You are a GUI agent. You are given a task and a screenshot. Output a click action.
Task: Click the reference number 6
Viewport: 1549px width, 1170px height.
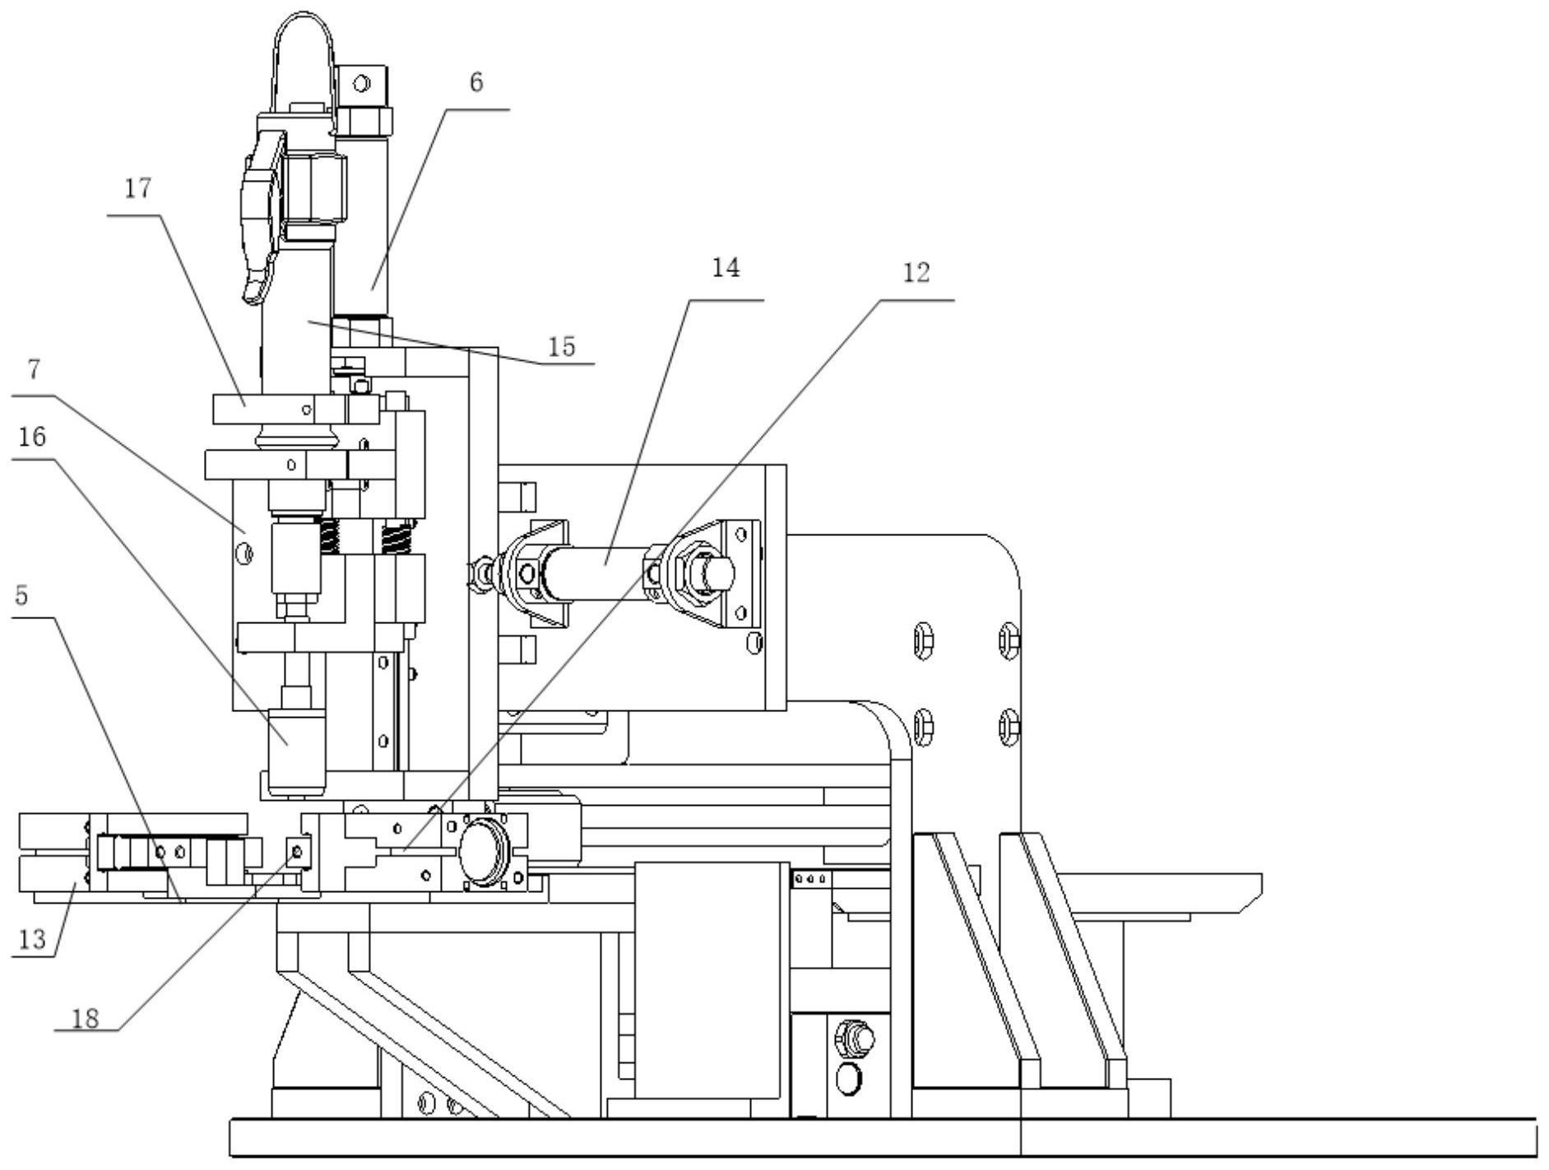coord(476,83)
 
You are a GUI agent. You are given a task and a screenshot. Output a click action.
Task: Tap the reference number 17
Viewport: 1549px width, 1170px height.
coord(138,188)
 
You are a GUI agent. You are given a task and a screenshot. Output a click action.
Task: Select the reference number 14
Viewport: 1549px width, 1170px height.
coord(726,268)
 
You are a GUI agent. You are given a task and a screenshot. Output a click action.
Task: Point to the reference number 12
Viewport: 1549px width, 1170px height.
coord(916,272)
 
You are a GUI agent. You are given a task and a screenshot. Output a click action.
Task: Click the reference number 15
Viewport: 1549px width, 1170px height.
coord(562,346)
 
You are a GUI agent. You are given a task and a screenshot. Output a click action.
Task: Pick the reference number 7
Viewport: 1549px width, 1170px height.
coord(34,369)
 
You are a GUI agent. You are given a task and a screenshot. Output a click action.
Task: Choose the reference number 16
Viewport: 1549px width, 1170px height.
coord(32,437)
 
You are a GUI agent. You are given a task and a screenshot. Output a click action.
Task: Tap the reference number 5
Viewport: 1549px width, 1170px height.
coord(22,595)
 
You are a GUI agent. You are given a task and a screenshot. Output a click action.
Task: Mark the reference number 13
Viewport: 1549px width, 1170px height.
coord(32,938)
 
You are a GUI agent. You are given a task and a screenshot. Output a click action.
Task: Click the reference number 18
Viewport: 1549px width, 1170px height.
coord(85,1019)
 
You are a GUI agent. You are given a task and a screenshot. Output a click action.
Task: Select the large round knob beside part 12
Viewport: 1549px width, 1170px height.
coord(486,852)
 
